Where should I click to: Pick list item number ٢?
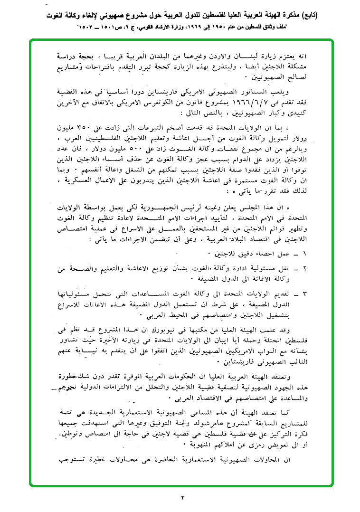tap(305, 269)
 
